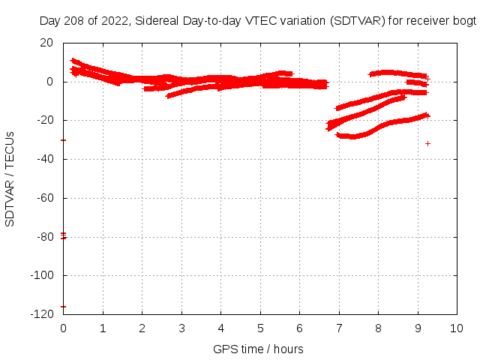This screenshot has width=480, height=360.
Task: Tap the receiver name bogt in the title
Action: [463, 22]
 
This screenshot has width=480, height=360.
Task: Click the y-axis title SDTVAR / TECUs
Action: [10, 178]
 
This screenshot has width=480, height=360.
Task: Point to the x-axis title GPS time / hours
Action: [258, 349]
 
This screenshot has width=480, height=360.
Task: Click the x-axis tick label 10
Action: [457, 328]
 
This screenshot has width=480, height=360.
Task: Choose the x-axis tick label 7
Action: [339, 328]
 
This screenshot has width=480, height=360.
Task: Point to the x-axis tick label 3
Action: [181, 328]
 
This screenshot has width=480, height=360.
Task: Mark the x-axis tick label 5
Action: [260, 328]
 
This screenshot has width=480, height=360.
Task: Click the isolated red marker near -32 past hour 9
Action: [428, 143]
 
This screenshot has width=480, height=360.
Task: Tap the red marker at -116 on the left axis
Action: [64, 306]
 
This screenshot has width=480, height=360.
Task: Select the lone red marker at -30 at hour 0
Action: [64, 140]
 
